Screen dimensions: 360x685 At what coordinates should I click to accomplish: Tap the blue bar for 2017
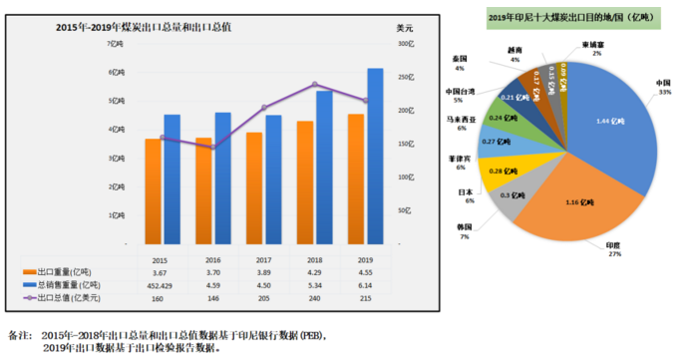click(x=273, y=180)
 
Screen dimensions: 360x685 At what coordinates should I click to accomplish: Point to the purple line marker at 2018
click(x=315, y=85)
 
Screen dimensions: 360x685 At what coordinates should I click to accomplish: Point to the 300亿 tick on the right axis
click(x=404, y=44)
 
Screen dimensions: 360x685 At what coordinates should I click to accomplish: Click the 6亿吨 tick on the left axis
click(x=116, y=73)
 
